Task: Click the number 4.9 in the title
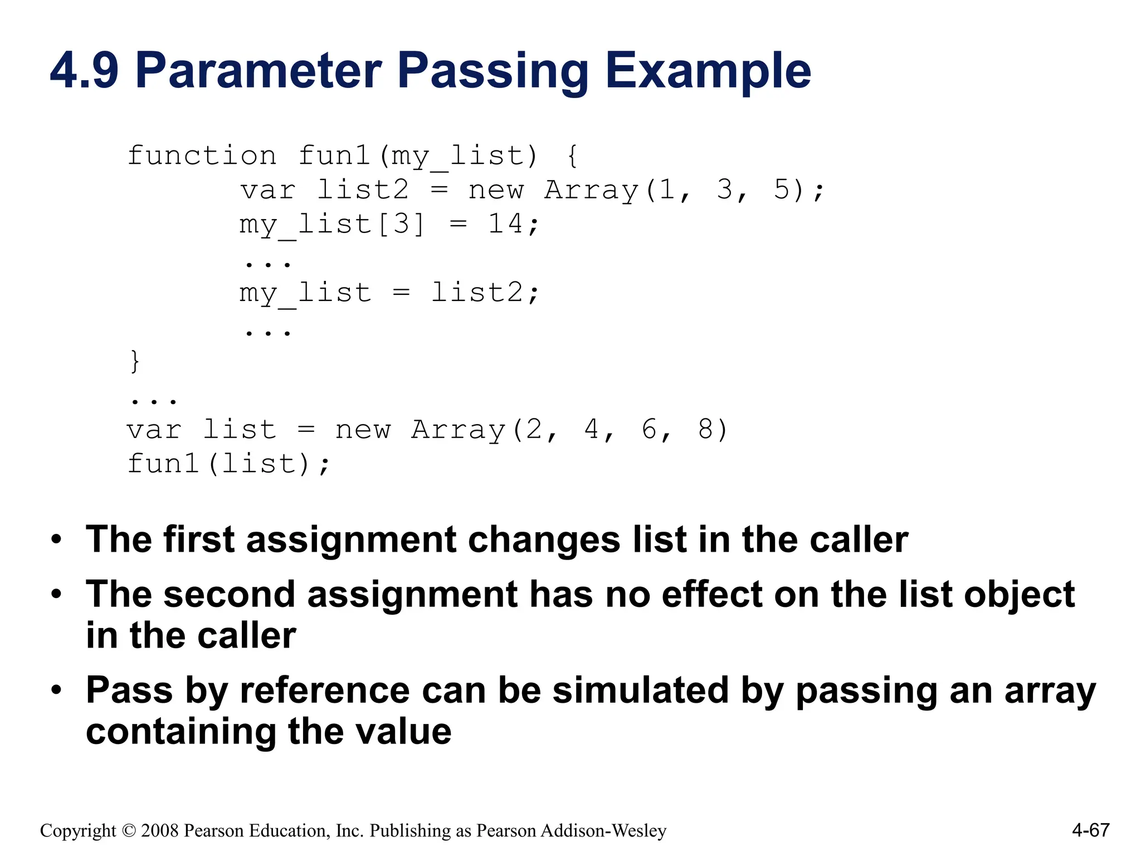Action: click(84, 71)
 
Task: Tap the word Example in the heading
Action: click(708, 71)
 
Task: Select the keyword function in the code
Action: click(202, 155)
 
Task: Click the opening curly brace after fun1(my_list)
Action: click(572, 155)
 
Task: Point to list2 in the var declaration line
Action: click(363, 190)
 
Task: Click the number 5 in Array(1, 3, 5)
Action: click(782, 190)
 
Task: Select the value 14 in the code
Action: click(505, 224)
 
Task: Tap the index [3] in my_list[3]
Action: click(401, 224)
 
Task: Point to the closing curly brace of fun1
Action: click(134, 361)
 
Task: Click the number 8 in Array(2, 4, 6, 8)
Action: click(705, 430)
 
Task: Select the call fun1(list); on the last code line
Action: click(229, 464)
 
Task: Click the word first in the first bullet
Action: click(199, 539)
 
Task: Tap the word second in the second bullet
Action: click(229, 594)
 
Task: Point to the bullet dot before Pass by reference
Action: click(56, 691)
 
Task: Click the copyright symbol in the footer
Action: click(129, 831)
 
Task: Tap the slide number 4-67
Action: click(1090, 830)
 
